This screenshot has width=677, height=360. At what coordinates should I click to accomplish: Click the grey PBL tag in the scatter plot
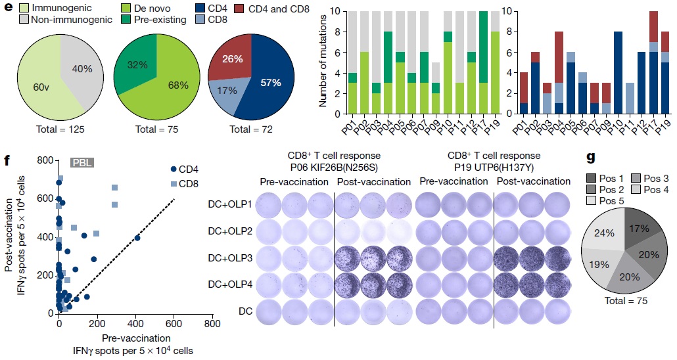(x=84, y=162)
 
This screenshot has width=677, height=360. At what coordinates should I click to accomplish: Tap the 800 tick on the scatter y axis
(x=45, y=160)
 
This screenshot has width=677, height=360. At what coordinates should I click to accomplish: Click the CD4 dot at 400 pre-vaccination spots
(x=137, y=238)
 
